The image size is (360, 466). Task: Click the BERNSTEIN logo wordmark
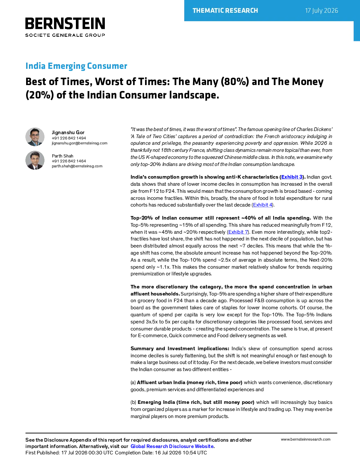[65, 23]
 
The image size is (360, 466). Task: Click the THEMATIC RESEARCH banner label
[225, 11]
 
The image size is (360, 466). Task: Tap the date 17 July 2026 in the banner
[322, 11]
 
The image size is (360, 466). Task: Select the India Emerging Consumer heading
[76, 66]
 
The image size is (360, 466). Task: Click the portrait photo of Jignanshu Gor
[35, 137]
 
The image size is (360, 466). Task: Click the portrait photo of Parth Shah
[35, 160]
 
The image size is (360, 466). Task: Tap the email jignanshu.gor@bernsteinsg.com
[79, 143]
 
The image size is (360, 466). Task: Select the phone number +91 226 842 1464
[69, 161]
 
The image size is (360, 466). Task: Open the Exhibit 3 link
[292, 177]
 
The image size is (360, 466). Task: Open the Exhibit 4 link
[263, 205]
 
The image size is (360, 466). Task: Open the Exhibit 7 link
[238, 232]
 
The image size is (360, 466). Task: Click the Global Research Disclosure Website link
[172, 446]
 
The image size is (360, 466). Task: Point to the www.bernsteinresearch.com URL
[306, 439]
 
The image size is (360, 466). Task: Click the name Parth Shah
[62, 156]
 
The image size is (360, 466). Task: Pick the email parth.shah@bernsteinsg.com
[77, 166]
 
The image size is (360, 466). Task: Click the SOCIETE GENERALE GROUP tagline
[65, 35]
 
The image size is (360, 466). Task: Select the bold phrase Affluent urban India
[161, 382]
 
